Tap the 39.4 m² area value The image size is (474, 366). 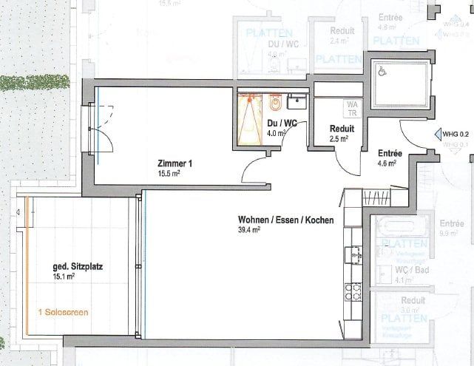pyautogui.click(x=248, y=230)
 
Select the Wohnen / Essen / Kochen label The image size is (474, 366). pyautogui.click(x=285, y=220)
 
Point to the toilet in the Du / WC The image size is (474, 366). pyautogui.click(x=275, y=102)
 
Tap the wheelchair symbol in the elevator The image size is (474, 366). pyautogui.click(x=382, y=72)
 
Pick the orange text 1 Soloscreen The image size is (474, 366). pyautogui.click(x=63, y=312)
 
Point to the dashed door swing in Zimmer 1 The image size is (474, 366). pyautogui.click(x=106, y=122)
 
